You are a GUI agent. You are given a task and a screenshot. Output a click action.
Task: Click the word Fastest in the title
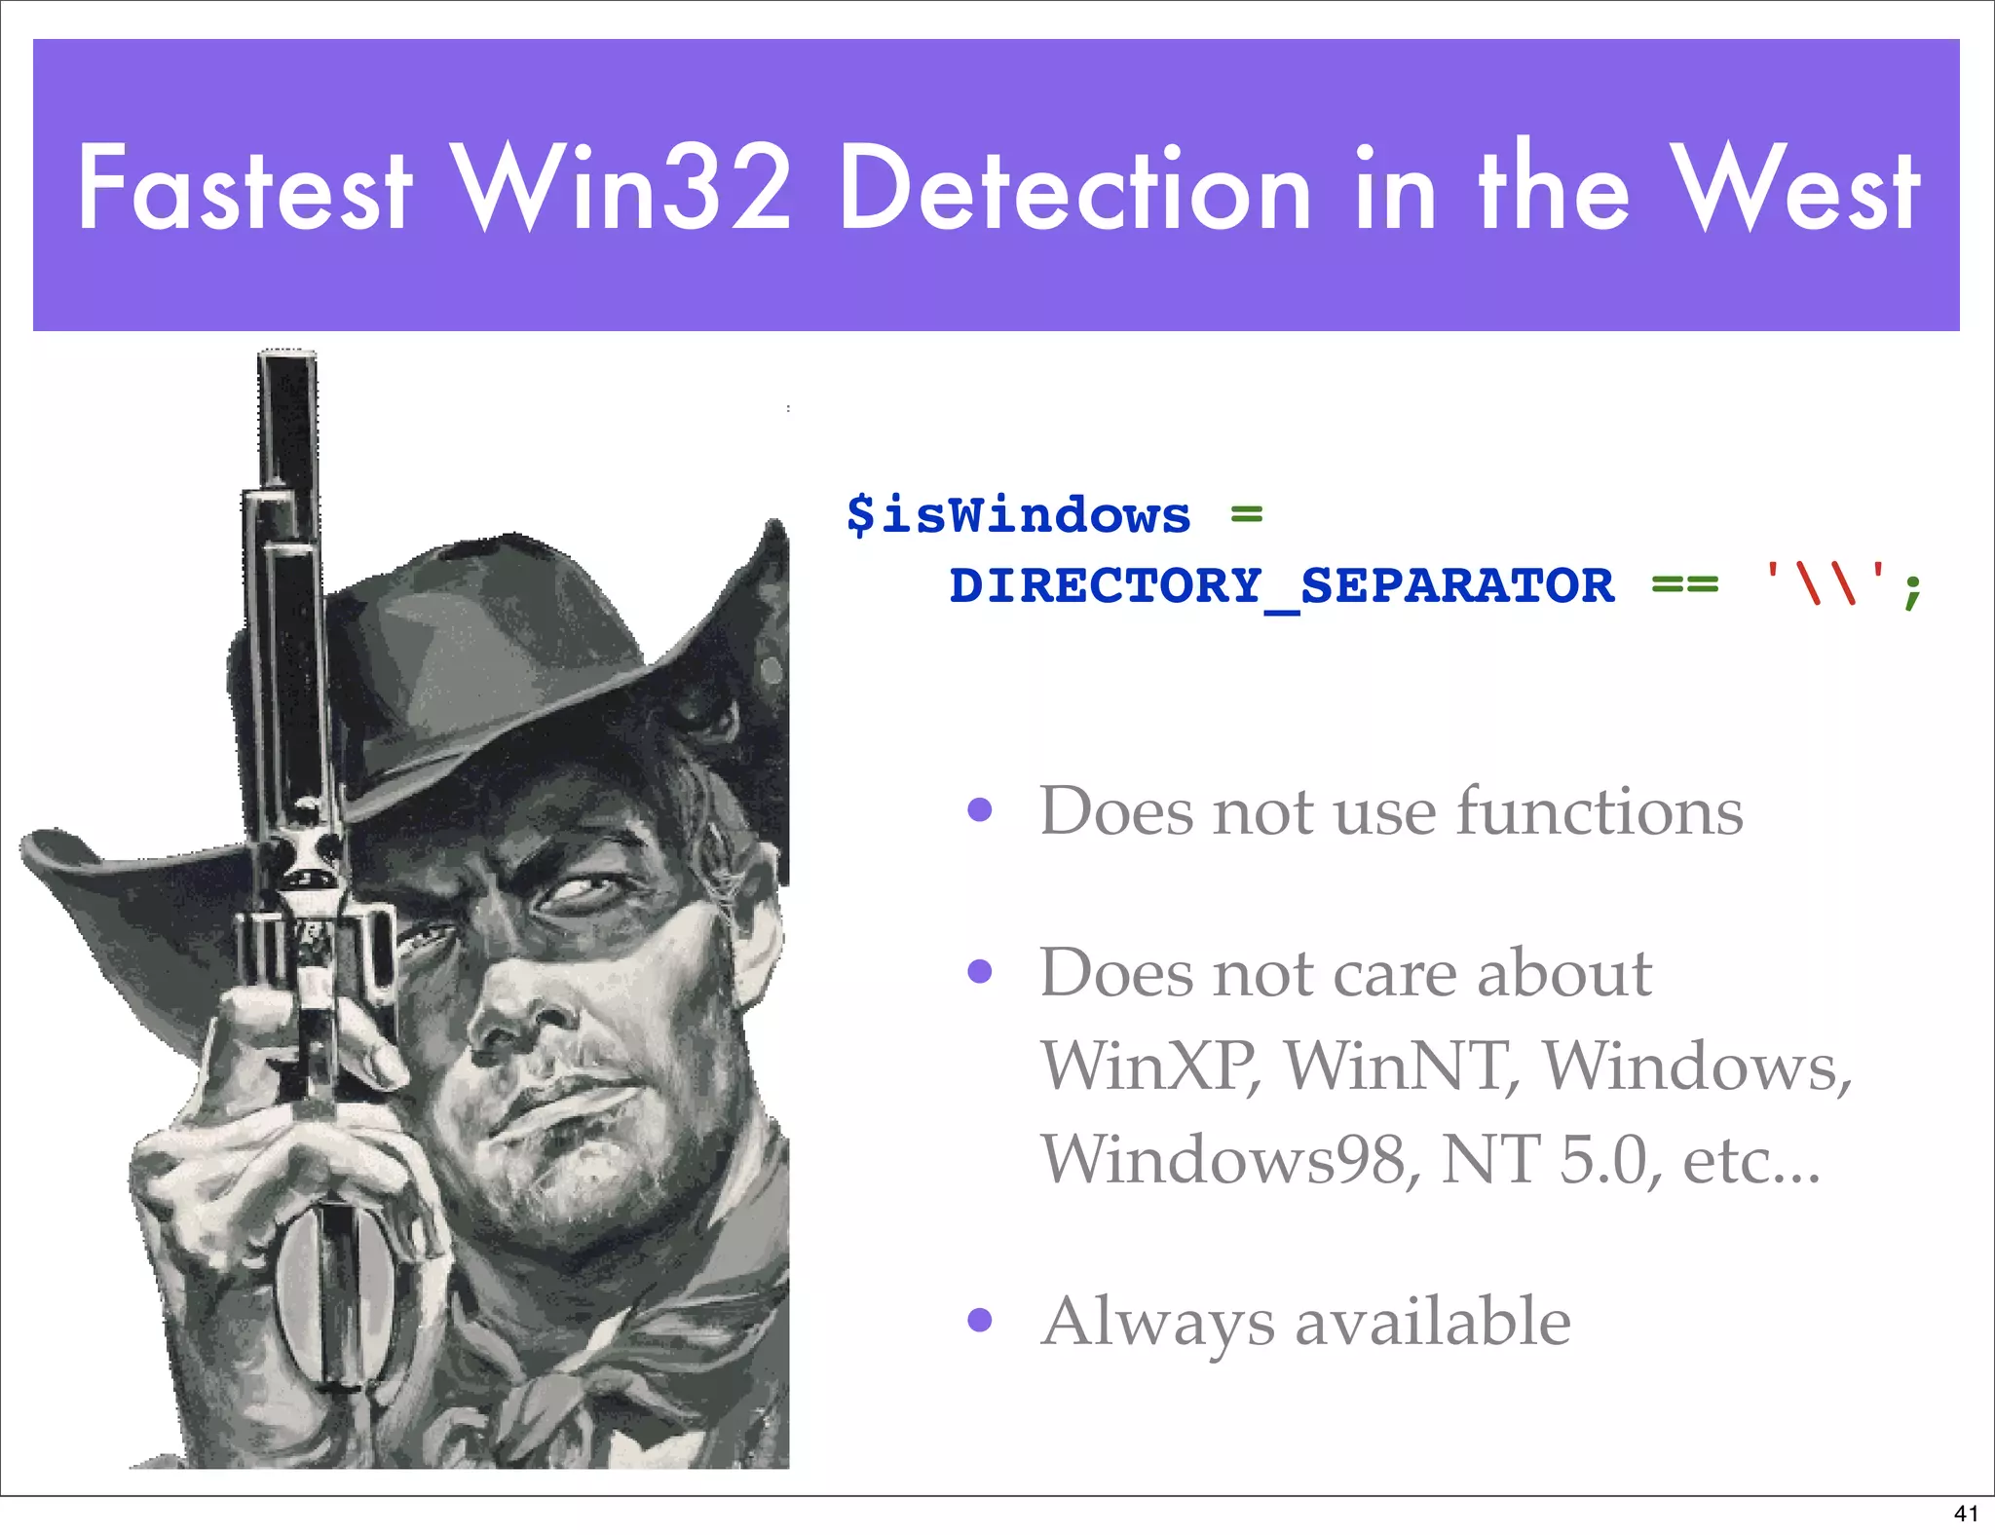[245, 187]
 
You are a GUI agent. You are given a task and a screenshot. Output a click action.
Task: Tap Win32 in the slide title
[623, 187]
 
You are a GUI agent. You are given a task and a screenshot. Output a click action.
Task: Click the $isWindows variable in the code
[1018, 514]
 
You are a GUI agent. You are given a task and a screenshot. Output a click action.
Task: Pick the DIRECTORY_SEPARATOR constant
[1282, 586]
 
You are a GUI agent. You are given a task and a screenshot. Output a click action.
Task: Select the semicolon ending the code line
[1912, 588]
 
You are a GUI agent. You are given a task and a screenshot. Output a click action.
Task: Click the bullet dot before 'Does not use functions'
[980, 809]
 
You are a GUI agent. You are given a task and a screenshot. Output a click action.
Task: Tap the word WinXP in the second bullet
[1149, 1066]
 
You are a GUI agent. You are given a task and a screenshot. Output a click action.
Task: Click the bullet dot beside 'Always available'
[980, 1320]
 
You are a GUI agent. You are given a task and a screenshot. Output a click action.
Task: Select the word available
[1433, 1322]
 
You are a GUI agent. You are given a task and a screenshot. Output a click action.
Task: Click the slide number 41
[1966, 1513]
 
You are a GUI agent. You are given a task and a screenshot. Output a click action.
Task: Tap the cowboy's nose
[516, 1018]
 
